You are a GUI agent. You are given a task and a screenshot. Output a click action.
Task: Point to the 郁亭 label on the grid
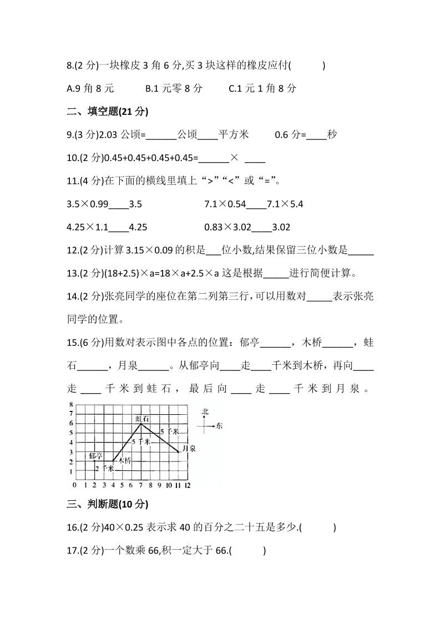tap(96, 456)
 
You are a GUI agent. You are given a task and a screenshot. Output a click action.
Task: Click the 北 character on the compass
tap(205, 411)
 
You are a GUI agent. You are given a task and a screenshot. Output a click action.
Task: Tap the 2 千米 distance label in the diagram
tap(104, 469)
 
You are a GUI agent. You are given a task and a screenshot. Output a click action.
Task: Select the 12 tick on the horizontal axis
tap(188, 485)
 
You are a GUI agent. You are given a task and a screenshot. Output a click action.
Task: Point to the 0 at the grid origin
tap(75, 485)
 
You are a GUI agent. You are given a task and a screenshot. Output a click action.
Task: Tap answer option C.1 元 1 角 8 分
tap(262, 88)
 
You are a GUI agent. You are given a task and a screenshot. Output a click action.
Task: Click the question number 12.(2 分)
tap(85, 250)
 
